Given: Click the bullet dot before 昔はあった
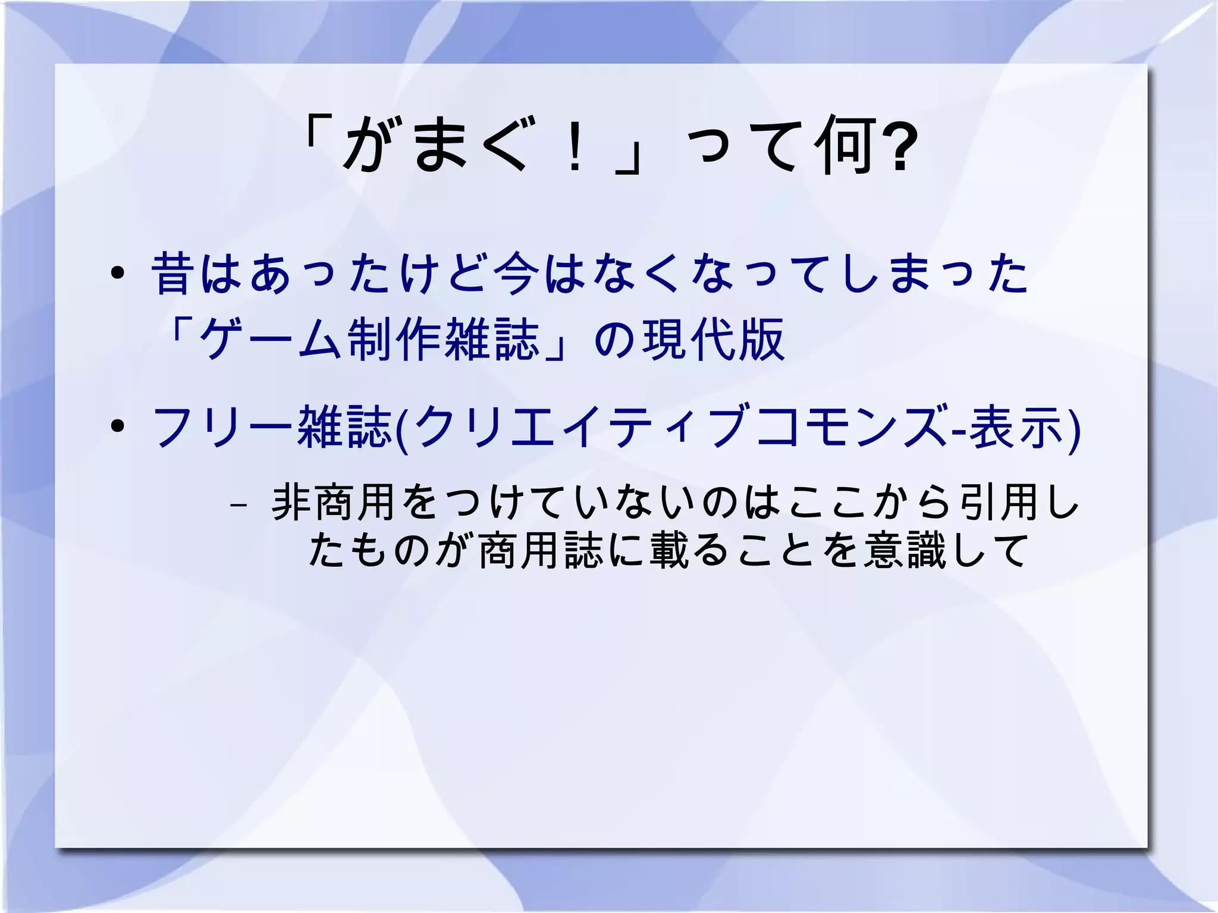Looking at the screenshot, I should (x=117, y=273).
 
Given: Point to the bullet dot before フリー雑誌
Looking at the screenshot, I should (x=117, y=426).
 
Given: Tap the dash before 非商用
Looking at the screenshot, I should (x=238, y=505).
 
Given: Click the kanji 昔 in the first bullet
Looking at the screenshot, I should (x=173, y=273).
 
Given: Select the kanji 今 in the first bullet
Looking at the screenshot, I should (x=516, y=273).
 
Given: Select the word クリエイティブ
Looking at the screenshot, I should (x=580, y=426).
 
